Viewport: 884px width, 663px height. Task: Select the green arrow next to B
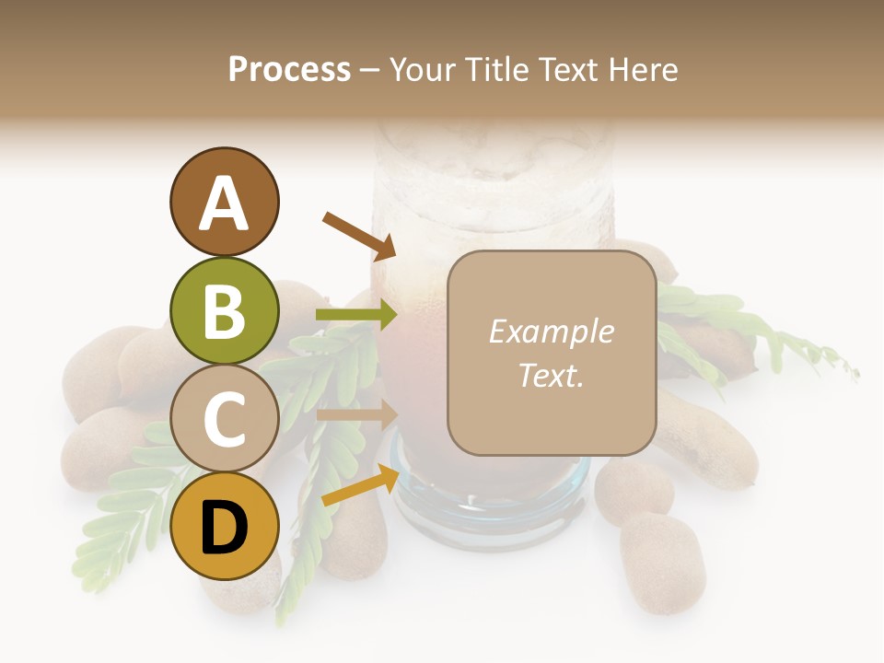[356, 315]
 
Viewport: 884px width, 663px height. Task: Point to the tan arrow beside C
[356, 414]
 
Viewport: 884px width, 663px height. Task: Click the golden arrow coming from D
[360, 485]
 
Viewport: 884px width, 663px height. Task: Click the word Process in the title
[289, 69]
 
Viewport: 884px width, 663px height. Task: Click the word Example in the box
[551, 331]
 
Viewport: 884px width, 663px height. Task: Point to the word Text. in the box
[551, 375]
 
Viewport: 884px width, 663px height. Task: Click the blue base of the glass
[488, 502]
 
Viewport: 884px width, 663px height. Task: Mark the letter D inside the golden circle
[225, 529]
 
